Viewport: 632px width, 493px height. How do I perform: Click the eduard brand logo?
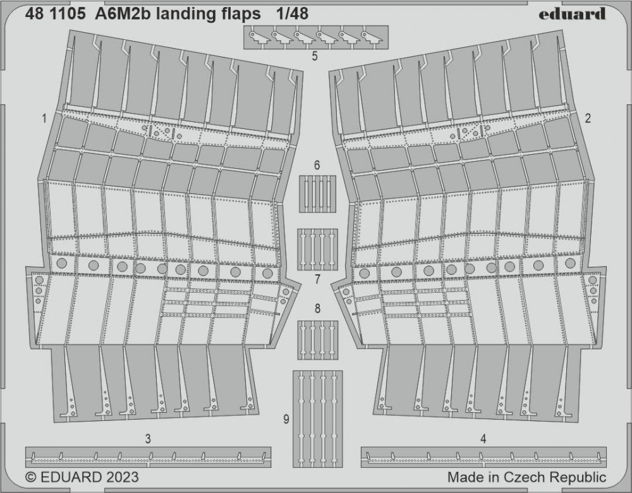(x=572, y=13)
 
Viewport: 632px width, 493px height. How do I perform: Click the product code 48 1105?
(x=55, y=14)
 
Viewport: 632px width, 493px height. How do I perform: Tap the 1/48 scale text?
(x=292, y=14)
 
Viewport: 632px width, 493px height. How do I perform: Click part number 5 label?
(x=315, y=56)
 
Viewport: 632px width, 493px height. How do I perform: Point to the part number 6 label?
(x=317, y=166)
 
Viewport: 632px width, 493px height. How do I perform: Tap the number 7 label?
(x=317, y=279)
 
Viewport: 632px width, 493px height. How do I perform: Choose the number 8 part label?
(x=318, y=309)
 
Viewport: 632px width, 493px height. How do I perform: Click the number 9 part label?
(x=286, y=420)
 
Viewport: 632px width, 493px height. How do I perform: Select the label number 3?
(x=148, y=439)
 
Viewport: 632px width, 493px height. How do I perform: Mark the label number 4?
(x=483, y=439)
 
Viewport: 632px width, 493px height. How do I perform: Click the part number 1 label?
(x=44, y=119)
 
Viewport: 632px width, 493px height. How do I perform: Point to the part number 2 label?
(x=588, y=118)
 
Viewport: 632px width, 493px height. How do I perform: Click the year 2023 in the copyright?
(x=123, y=477)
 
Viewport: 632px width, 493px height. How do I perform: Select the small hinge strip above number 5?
(x=316, y=37)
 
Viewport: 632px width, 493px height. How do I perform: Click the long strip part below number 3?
(x=148, y=457)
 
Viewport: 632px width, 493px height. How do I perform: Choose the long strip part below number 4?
(x=483, y=457)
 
